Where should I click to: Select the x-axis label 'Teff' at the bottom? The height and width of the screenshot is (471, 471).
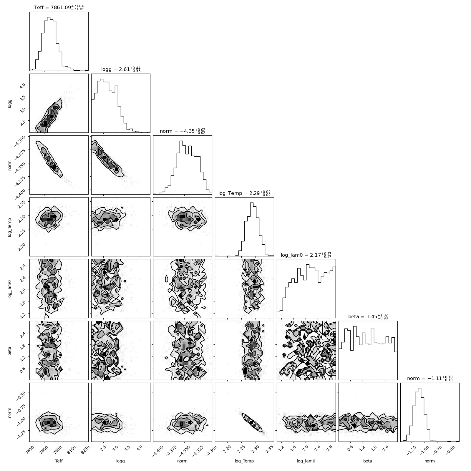click(x=59, y=461)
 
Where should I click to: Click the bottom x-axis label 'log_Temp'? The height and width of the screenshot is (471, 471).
click(x=244, y=461)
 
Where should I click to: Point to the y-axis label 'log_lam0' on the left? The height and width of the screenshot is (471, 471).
click(x=10, y=288)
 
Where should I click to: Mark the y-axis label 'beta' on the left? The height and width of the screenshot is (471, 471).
click(x=10, y=350)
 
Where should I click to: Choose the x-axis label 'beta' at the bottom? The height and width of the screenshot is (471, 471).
click(x=368, y=461)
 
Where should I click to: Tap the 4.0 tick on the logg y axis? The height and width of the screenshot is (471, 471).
click(x=25, y=84)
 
